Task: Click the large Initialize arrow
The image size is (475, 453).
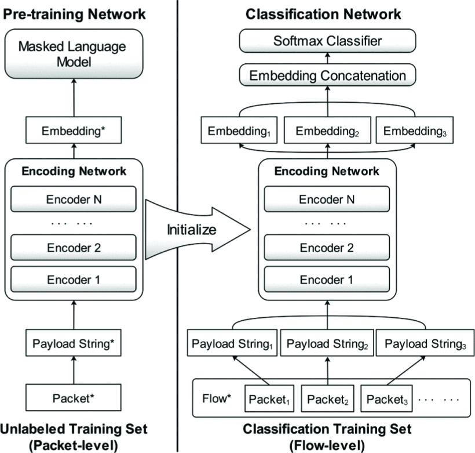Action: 194,230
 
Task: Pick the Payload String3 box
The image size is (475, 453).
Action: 424,343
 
